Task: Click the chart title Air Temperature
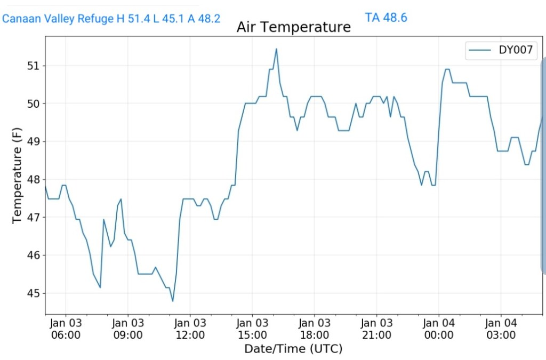[293, 27]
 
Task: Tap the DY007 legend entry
[502, 51]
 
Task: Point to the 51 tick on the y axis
[33, 66]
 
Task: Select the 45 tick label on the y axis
[33, 293]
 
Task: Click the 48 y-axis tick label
[33, 180]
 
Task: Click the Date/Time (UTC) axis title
[293, 349]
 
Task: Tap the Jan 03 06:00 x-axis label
[66, 329]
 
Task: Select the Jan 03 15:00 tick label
[252, 329]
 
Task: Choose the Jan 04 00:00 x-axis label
[439, 329]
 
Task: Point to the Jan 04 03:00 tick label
[501, 329]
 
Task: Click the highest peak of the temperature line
[276, 49]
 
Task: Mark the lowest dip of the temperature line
[173, 301]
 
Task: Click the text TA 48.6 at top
[386, 18]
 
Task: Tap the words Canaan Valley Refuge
[58, 19]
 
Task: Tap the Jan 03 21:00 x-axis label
[376, 329]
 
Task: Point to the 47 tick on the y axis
[33, 218]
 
